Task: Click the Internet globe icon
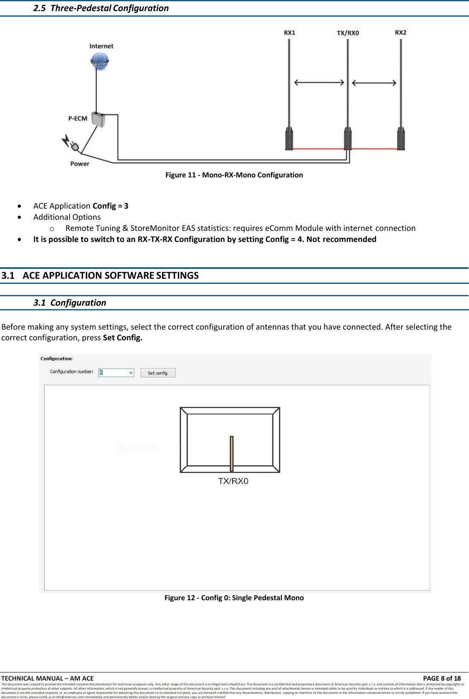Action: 100,61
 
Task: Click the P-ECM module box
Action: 98,120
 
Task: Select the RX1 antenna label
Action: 289,33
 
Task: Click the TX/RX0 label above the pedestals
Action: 348,33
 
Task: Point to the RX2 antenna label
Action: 401,32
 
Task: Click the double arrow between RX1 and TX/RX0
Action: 319,83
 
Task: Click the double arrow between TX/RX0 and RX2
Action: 374,83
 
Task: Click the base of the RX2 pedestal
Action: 401,139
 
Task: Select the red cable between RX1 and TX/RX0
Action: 319,149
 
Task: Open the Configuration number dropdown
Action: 130,373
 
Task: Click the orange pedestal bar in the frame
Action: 231,453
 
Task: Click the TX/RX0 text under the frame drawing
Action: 233,481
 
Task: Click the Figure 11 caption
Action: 234,175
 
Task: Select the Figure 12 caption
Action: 234,598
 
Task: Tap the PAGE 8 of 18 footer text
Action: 442,678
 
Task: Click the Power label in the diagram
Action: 80,164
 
